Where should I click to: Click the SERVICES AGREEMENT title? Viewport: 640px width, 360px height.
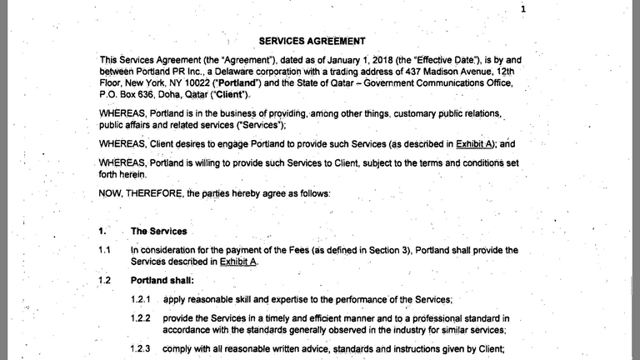pyautogui.click(x=312, y=41)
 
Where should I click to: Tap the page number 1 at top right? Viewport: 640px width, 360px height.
pyautogui.click(x=523, y=9)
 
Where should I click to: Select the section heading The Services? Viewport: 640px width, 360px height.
pyautogui.click(x=158, y=231)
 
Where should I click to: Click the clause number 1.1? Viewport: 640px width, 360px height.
pyautogui.click(x=104, y=250)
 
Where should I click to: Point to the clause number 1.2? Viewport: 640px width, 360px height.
pyautogui.click(x=104, y=280)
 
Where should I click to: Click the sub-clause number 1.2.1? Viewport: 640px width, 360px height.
pyautogui.click(x=141, y=299)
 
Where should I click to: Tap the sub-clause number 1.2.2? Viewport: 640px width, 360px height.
pyautogui.click(x=141, y=318)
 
